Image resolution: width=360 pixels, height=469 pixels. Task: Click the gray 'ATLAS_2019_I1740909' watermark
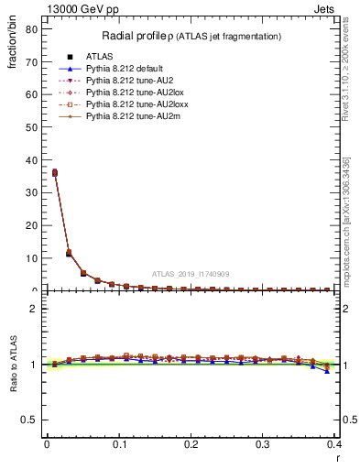pyautogui.click(x=191, y=274)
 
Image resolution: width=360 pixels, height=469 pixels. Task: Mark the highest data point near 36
pyautogui.click(x=54, y=172)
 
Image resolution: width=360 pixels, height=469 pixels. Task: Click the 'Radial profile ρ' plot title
pyautogui.click(x=191, y=36)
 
